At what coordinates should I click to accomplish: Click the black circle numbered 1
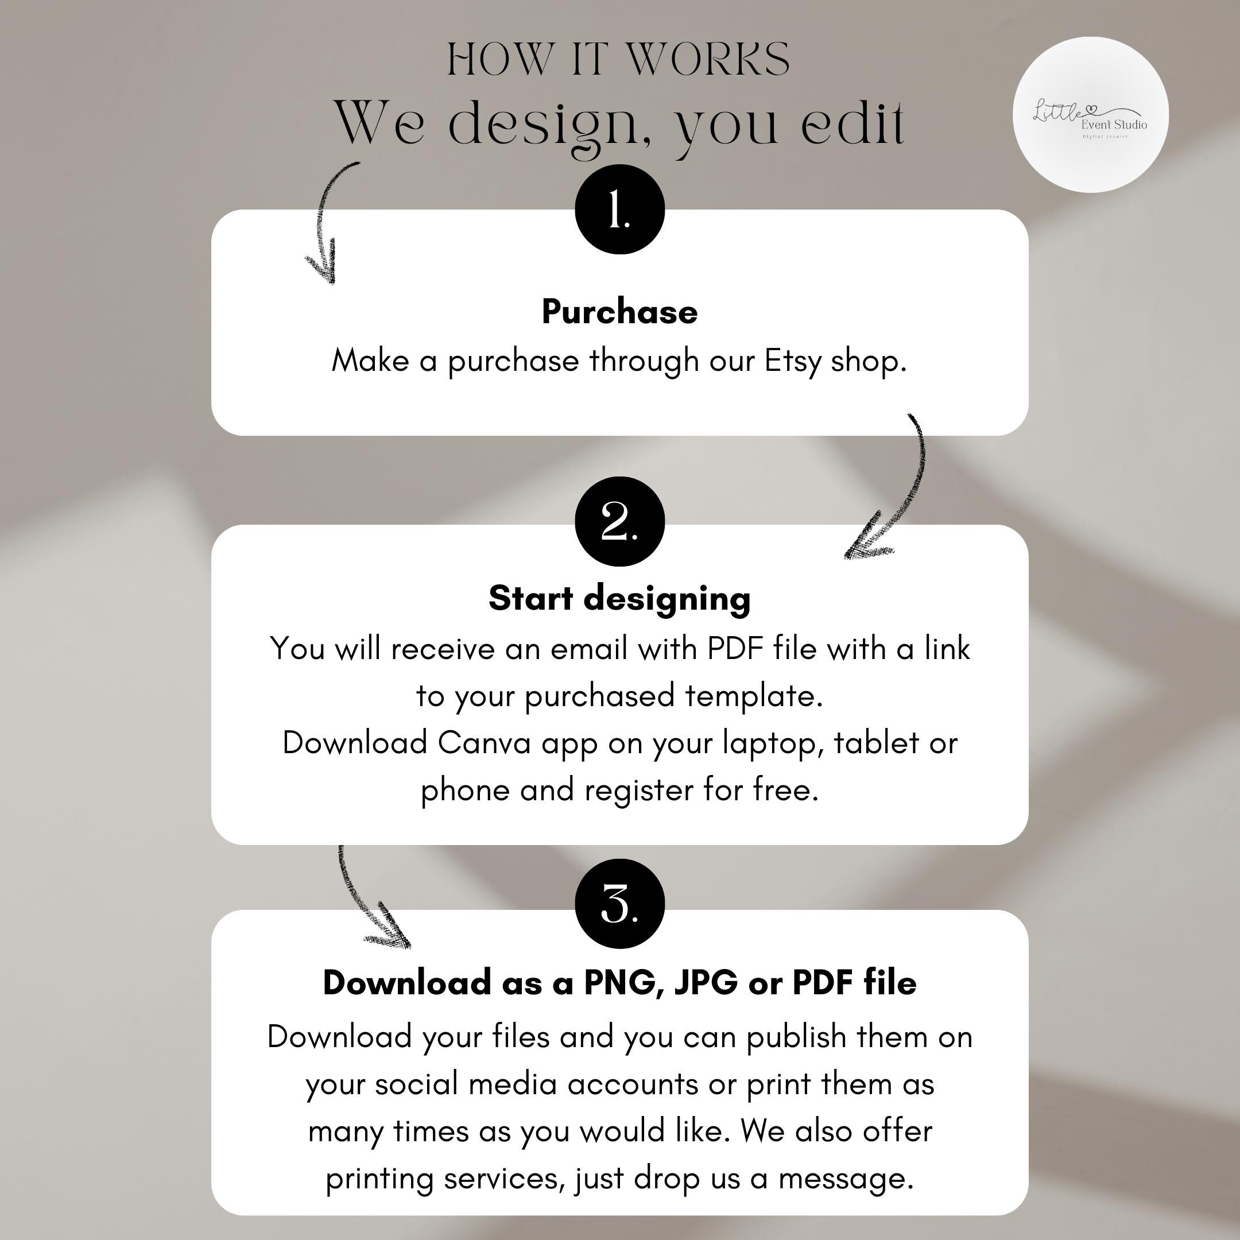(x=619, y=209)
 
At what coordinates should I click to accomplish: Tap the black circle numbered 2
(x=619, y=521)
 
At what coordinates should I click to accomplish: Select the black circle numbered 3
(x=619, y=904)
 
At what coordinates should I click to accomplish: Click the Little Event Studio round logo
(x=1091, y=115)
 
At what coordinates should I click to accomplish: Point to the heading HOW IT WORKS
(x=619, y=59)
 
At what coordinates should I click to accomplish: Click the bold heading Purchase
(x=619, y=312)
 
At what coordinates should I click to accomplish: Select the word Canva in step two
(x=485, y=743)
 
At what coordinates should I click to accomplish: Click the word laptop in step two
(x=773, y=744)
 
